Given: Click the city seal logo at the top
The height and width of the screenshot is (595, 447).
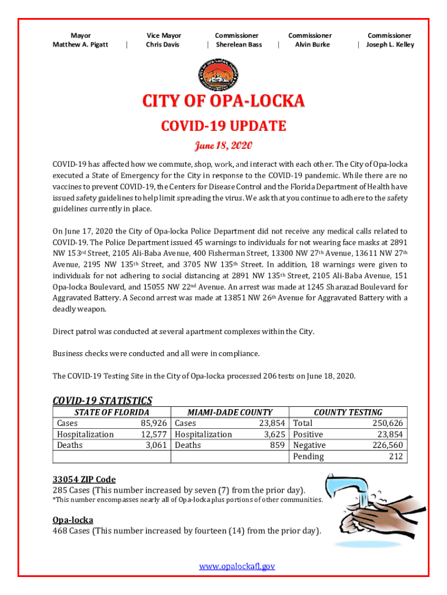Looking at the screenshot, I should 223,74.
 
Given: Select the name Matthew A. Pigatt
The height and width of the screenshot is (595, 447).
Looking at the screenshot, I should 80,45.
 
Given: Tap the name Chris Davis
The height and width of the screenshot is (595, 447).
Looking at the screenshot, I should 163,45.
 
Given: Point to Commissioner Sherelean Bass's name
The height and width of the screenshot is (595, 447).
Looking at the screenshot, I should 239,45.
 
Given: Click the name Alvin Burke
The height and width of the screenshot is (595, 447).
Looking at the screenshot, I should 312,45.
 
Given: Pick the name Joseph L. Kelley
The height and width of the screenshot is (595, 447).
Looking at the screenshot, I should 390,45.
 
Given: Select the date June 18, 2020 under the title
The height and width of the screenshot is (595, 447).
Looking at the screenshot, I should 223,145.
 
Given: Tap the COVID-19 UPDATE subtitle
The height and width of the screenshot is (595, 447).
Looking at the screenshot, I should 223,126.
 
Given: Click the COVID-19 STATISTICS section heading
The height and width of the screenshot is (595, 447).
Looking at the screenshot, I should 102,400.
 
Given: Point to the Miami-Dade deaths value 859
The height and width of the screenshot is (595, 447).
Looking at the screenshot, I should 274,445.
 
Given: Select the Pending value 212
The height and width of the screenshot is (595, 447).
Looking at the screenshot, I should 396,456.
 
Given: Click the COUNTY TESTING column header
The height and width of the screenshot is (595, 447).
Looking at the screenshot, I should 348,412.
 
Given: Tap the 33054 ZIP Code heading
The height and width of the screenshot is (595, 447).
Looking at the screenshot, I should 84,479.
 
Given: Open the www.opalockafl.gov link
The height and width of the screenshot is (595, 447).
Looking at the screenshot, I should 237,566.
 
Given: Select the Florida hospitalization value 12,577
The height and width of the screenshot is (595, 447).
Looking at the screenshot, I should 154,434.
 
